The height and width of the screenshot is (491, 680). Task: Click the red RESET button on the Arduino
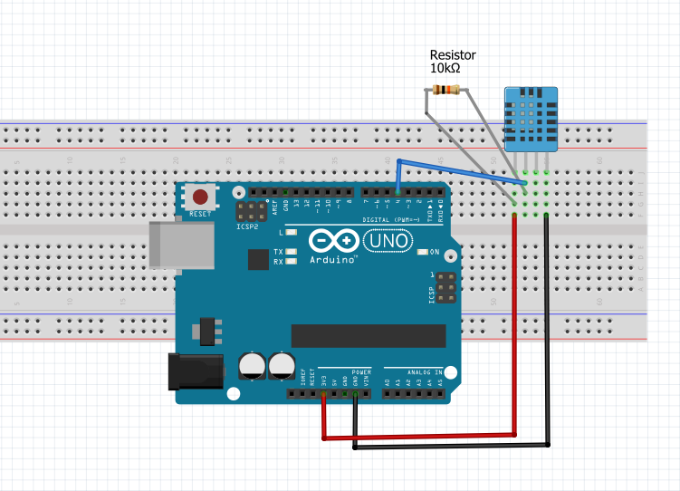[200, 197]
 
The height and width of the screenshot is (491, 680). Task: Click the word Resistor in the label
[453, 55]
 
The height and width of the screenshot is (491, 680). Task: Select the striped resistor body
[445, 89]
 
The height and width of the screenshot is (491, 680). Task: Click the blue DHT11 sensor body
[531, 119]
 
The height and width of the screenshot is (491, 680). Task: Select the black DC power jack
[196, 371]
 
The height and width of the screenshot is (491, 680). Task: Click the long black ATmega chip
[368, 334]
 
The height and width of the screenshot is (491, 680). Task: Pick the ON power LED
[423, 251]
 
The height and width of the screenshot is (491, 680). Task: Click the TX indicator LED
[291, 251]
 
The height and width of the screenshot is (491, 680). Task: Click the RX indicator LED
[291, 261]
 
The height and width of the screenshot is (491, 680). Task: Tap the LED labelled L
[292, 233]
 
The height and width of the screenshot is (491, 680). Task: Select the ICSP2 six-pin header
[246, 212]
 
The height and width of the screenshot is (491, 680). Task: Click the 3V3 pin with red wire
[323, 394]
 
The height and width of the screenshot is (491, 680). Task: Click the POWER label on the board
[361, 372]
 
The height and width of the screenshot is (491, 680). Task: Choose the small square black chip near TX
[259, 259]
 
